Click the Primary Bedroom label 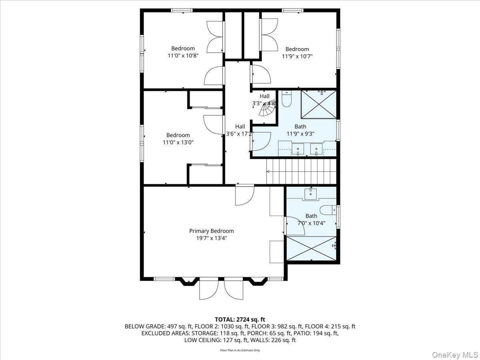pos(211,231)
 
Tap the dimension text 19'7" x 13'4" pos(211,238)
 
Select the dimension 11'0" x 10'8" pos(183,56)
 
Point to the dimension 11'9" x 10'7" pos(297,56)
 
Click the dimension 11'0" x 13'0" pos(178,142)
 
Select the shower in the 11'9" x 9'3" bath pos(318,104)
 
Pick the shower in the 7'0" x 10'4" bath pos(312,248)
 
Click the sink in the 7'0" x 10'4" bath pos(311,194)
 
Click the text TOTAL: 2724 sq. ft pos(240,319)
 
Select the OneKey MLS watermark pos(455,354)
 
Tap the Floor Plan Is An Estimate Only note pos(240,350)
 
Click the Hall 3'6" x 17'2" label pos(240,130)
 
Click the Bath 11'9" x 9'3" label pos(300,130)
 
